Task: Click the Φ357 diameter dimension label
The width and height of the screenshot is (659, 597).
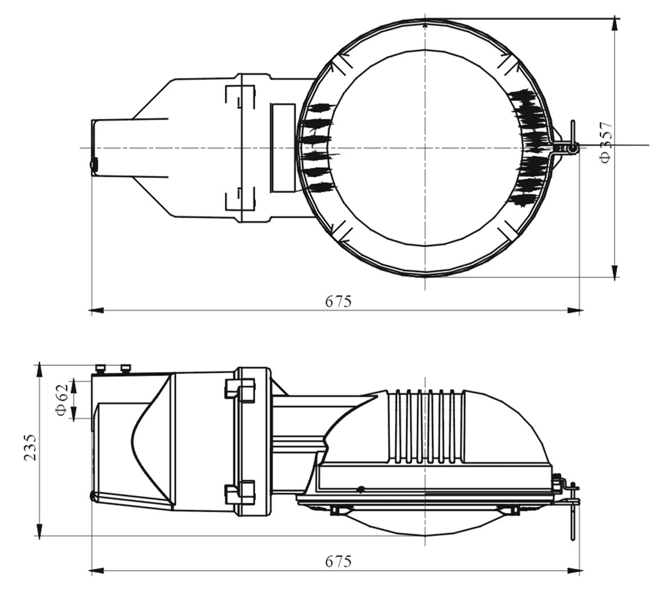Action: point(606,142)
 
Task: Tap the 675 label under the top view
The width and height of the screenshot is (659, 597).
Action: point(338,301)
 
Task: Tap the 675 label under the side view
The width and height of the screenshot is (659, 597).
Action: point(338,562)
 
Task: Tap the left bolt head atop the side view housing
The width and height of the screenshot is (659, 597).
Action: point(101,368)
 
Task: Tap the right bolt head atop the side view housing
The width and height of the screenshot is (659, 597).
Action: point(125,368)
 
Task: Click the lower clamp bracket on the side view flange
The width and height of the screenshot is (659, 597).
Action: point(239,492)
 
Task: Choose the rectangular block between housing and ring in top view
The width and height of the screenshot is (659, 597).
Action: point(282,148)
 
